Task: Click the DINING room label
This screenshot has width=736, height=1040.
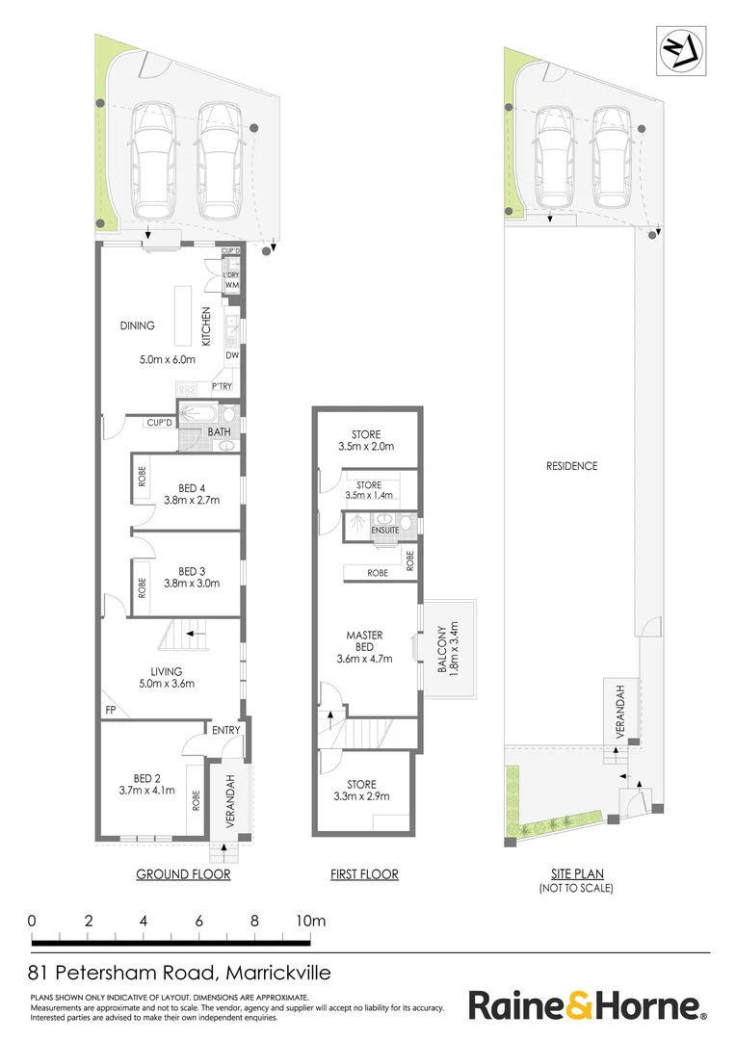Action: click(x=138, y=325)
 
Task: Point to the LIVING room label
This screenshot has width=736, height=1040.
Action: click(x=167, y=671)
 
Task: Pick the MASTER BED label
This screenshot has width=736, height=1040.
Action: click(x=364, y=641)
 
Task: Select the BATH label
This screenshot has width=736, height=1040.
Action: click(x=220, y=432)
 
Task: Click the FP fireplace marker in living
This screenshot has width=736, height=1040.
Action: click(x=112, y=711)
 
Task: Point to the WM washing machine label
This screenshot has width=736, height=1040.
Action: click(x=231, y=286)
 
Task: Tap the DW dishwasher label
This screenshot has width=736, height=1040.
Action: click(x=232, y=355)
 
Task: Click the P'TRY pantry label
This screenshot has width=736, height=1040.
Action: click(x=223, y=387)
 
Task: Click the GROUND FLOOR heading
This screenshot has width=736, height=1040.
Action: click(x=183, y=874)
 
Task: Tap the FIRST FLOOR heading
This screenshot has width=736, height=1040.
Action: click(x=364, y=874)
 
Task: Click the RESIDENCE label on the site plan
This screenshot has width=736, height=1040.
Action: click(x=571, y=466)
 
